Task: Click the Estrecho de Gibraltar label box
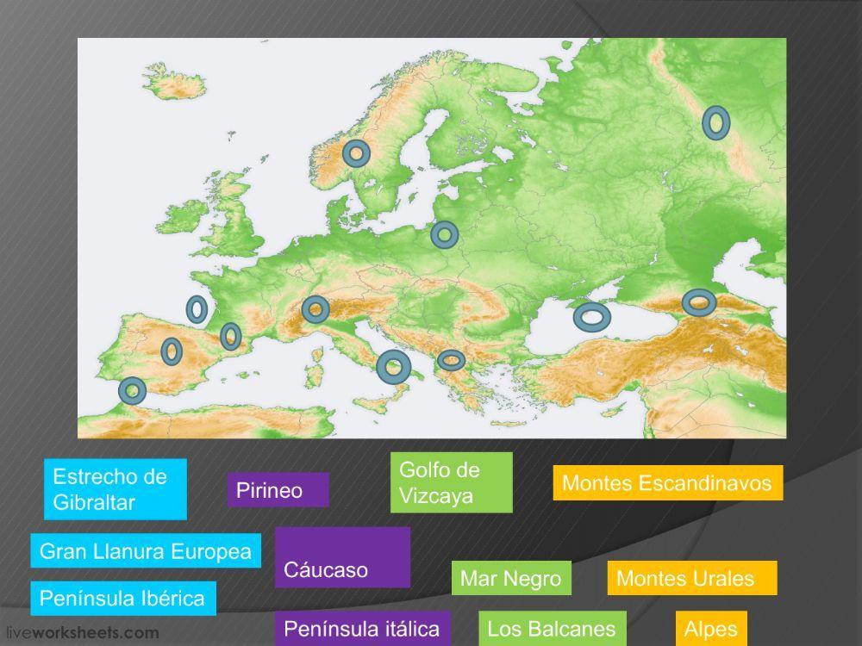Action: (x=115, y=489)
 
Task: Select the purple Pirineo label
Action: (x=278, y=490)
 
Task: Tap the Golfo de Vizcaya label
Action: (x=451, y=482)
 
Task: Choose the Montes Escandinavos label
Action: (x=667, y=483)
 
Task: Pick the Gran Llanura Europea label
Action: (x=146, y=551)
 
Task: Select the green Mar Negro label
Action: (x=511, y=578)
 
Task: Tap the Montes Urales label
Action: (x=691, y=578)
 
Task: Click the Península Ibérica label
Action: (x=122, y=598)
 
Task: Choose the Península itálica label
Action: (x=362, y=629)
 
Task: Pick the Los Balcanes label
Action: (x=552, y=629)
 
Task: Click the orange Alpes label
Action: (x=711, y=629)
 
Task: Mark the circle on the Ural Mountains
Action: (x=715, y=123)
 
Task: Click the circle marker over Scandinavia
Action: (x=356, y=153)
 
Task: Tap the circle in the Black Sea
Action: (x=592, y=317)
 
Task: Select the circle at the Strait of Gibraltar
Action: (x=132, y=391)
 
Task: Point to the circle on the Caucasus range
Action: (x=698, y=302)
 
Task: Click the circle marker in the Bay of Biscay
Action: (x=197, y=308)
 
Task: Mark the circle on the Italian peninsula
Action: (x=394, y=368)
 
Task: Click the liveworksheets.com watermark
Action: (x=71, y=633)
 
